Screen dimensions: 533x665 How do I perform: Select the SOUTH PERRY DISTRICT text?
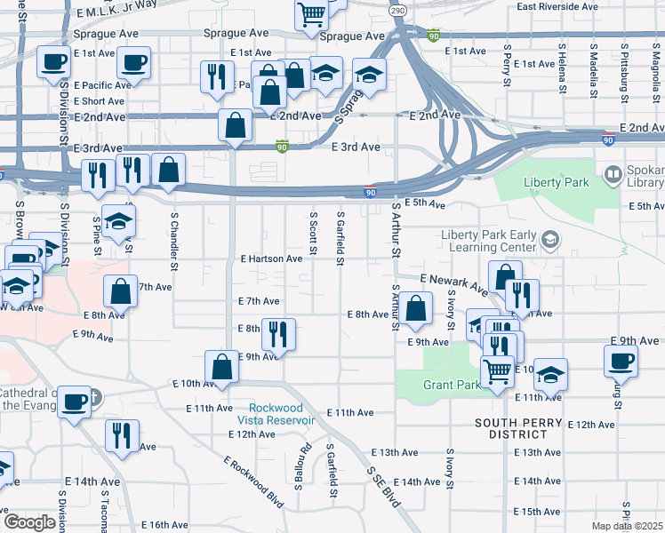pos(523,428)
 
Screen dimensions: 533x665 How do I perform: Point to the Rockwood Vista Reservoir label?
pos(282,413)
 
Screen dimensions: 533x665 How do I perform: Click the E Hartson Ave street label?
pos(271,259)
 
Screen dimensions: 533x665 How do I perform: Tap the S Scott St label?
pos(313,235)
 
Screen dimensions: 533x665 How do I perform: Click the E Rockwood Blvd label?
pos(253,482)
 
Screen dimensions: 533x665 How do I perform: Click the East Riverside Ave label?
pos(557,6)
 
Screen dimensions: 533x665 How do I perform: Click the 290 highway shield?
pos(397,9)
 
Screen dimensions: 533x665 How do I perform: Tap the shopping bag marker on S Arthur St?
pos(415,308)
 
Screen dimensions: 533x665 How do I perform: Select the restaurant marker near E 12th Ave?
pos(121,435)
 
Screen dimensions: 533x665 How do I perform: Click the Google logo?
pos(28,522)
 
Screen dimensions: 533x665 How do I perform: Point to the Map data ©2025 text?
pos(628,526)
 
